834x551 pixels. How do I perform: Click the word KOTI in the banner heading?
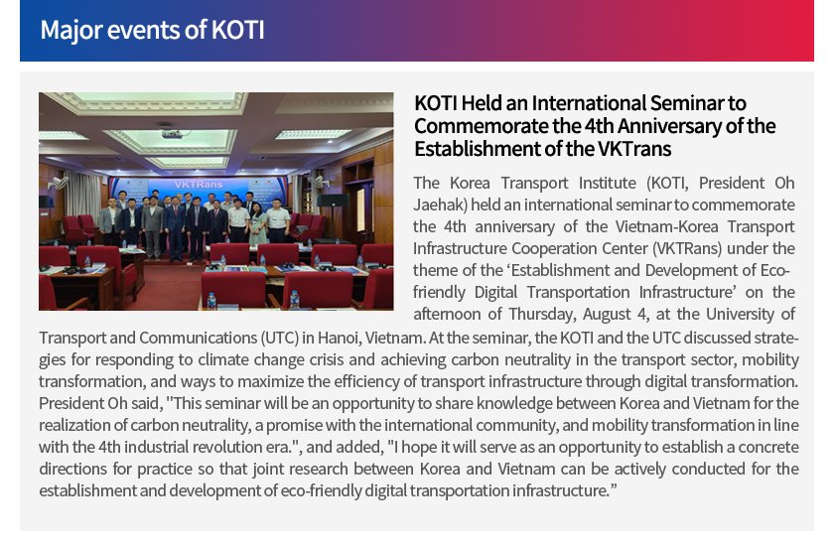(x=237, y=30)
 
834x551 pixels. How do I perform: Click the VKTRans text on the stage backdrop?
(x=199, y=185)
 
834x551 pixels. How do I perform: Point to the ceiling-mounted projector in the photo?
(x=172, y=133)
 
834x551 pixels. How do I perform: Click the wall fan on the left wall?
(x=60, y=183)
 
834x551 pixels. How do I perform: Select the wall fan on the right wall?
(x=318, y=182)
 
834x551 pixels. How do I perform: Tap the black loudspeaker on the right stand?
(x=333, y=200)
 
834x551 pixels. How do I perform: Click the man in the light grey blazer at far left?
(x=110, y=222)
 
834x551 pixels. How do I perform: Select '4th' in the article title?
(x=600, y=125)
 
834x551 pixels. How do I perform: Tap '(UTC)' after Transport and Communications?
(x=279, y=339)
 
